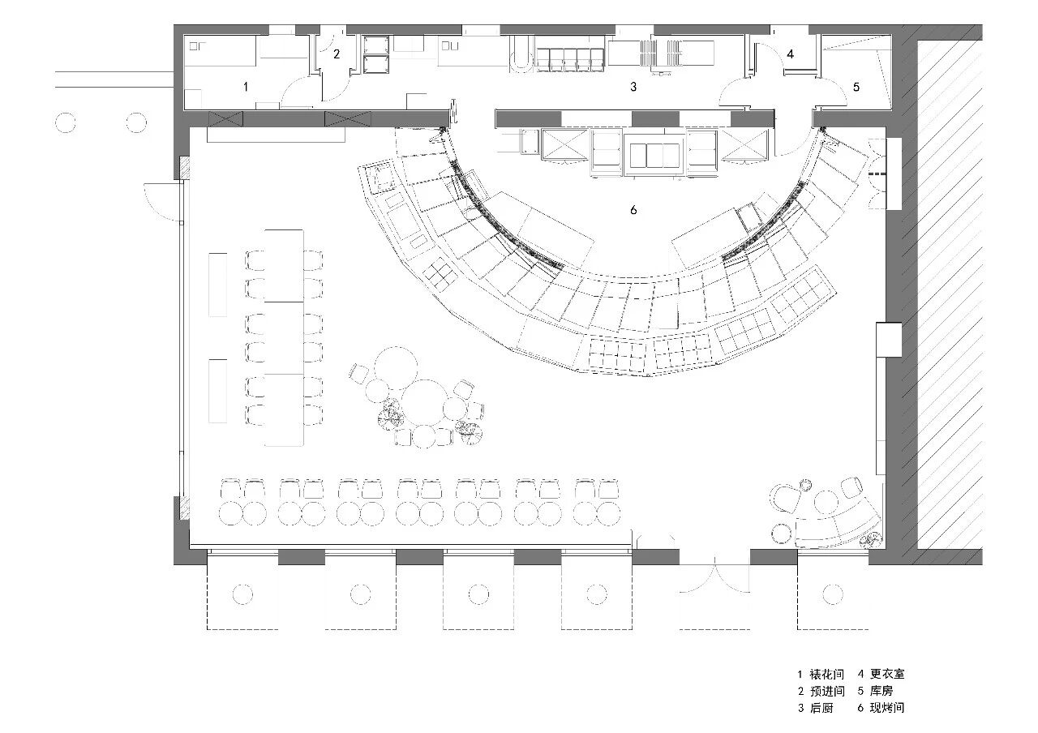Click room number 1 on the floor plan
[x=246, y=86]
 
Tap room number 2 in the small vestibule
[x=337, y=54]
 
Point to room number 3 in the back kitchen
[x=633, y=86]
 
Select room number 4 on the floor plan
[x=790, y=54]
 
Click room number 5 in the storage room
[x=856, y=87]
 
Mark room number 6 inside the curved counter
[x=633, y=210]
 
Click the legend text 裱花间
[x=826, y=674]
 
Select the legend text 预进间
[x=826, y=692]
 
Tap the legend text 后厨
[x=821, y=708]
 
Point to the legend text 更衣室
[x=887, y=674]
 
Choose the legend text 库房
[x=881, y=692]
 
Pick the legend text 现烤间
[x=887, y=708]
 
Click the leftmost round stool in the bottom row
[x=230, y=513]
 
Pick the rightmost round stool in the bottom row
[x=608, y=513]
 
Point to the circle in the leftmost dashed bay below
[x=242, y=594]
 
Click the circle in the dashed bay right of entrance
[x=833, y=594]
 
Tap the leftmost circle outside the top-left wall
[x=65, y=122]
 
